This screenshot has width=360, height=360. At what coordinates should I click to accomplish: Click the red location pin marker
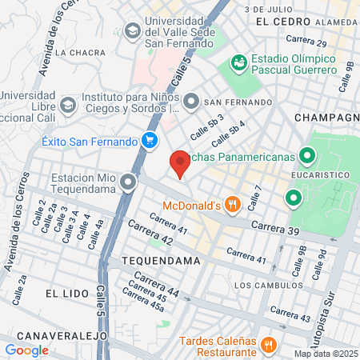coord(180,163)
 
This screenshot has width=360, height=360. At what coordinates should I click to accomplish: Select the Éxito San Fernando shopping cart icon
coord(149,141)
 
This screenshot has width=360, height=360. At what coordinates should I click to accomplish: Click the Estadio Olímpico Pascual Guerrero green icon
coord(238,62)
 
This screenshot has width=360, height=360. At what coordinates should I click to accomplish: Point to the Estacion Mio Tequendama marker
coord(129,185)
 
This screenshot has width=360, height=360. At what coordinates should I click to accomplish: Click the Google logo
coord(26,350)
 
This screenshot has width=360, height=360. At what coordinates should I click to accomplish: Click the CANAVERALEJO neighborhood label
coord(54,335)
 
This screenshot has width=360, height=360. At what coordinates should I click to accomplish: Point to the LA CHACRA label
coord(80,53)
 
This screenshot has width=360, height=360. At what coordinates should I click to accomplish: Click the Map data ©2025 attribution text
coord(326,354)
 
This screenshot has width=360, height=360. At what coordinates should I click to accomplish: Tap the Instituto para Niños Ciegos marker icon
coord(191,102)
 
